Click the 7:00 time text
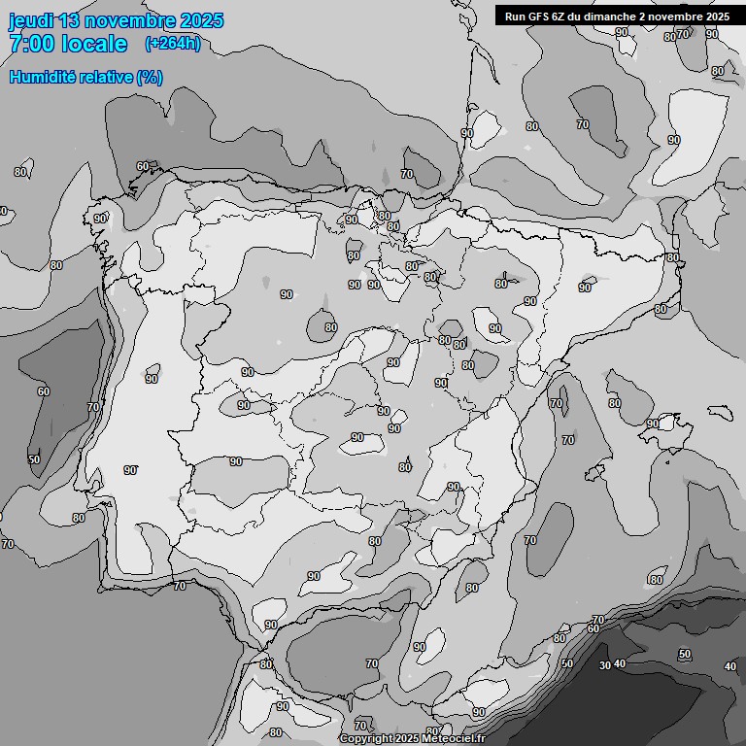coord(32,44)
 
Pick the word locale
coord(94,44)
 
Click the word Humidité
coord(42,77)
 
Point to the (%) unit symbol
coord(150,77)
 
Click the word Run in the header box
coord(515,17)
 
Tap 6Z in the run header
coord(560,17)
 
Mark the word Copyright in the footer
coord(369,739)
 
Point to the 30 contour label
coord(604,665)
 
